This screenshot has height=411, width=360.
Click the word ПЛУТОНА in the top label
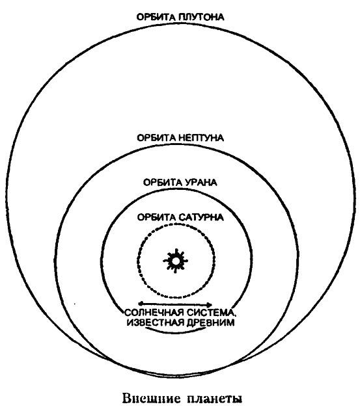[201, 17]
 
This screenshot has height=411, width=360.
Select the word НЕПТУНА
[201, 138]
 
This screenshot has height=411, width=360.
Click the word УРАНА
[201, 182]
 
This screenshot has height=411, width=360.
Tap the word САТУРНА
[202, 217]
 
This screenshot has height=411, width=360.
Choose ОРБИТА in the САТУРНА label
[157, 217]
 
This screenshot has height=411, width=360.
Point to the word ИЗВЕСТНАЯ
[156, 322]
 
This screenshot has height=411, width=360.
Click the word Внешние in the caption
[152, 399]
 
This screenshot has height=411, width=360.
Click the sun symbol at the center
[176, 261]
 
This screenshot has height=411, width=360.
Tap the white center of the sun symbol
[176, 261]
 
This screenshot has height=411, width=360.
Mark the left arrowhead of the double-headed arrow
[141, 304]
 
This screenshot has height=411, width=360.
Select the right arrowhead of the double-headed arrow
[210, 304]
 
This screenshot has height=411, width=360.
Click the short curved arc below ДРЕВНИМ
[175, 332]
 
